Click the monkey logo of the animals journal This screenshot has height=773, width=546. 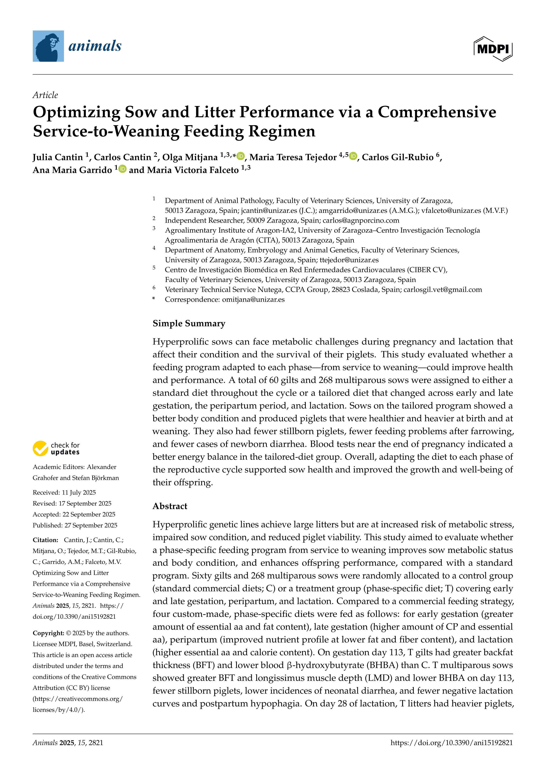[x=48, y=46]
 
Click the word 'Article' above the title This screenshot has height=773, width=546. [x=45, y=95]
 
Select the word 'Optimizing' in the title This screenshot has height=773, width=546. [x=76, y=112]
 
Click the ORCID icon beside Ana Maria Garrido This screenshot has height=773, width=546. [x=122, y=169]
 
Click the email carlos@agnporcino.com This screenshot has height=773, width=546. [x=361, y=220]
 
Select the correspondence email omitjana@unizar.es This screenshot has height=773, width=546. [x=253, y=300]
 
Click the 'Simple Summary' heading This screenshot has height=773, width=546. [x=189, y=324]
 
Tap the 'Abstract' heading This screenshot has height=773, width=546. [x=170, y=506]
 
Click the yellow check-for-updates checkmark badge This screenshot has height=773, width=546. [x=40, y=449]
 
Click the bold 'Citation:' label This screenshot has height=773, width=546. [x=45, y=540]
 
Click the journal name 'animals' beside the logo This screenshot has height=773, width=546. [x=95, y=46]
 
